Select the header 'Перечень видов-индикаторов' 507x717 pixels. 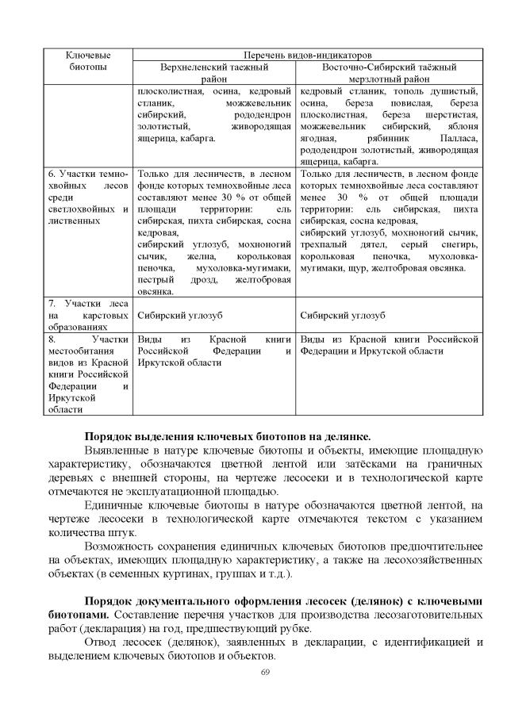point(307,56)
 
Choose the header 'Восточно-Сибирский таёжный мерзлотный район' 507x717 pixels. point(388,74)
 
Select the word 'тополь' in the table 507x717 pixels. point(386,91)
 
